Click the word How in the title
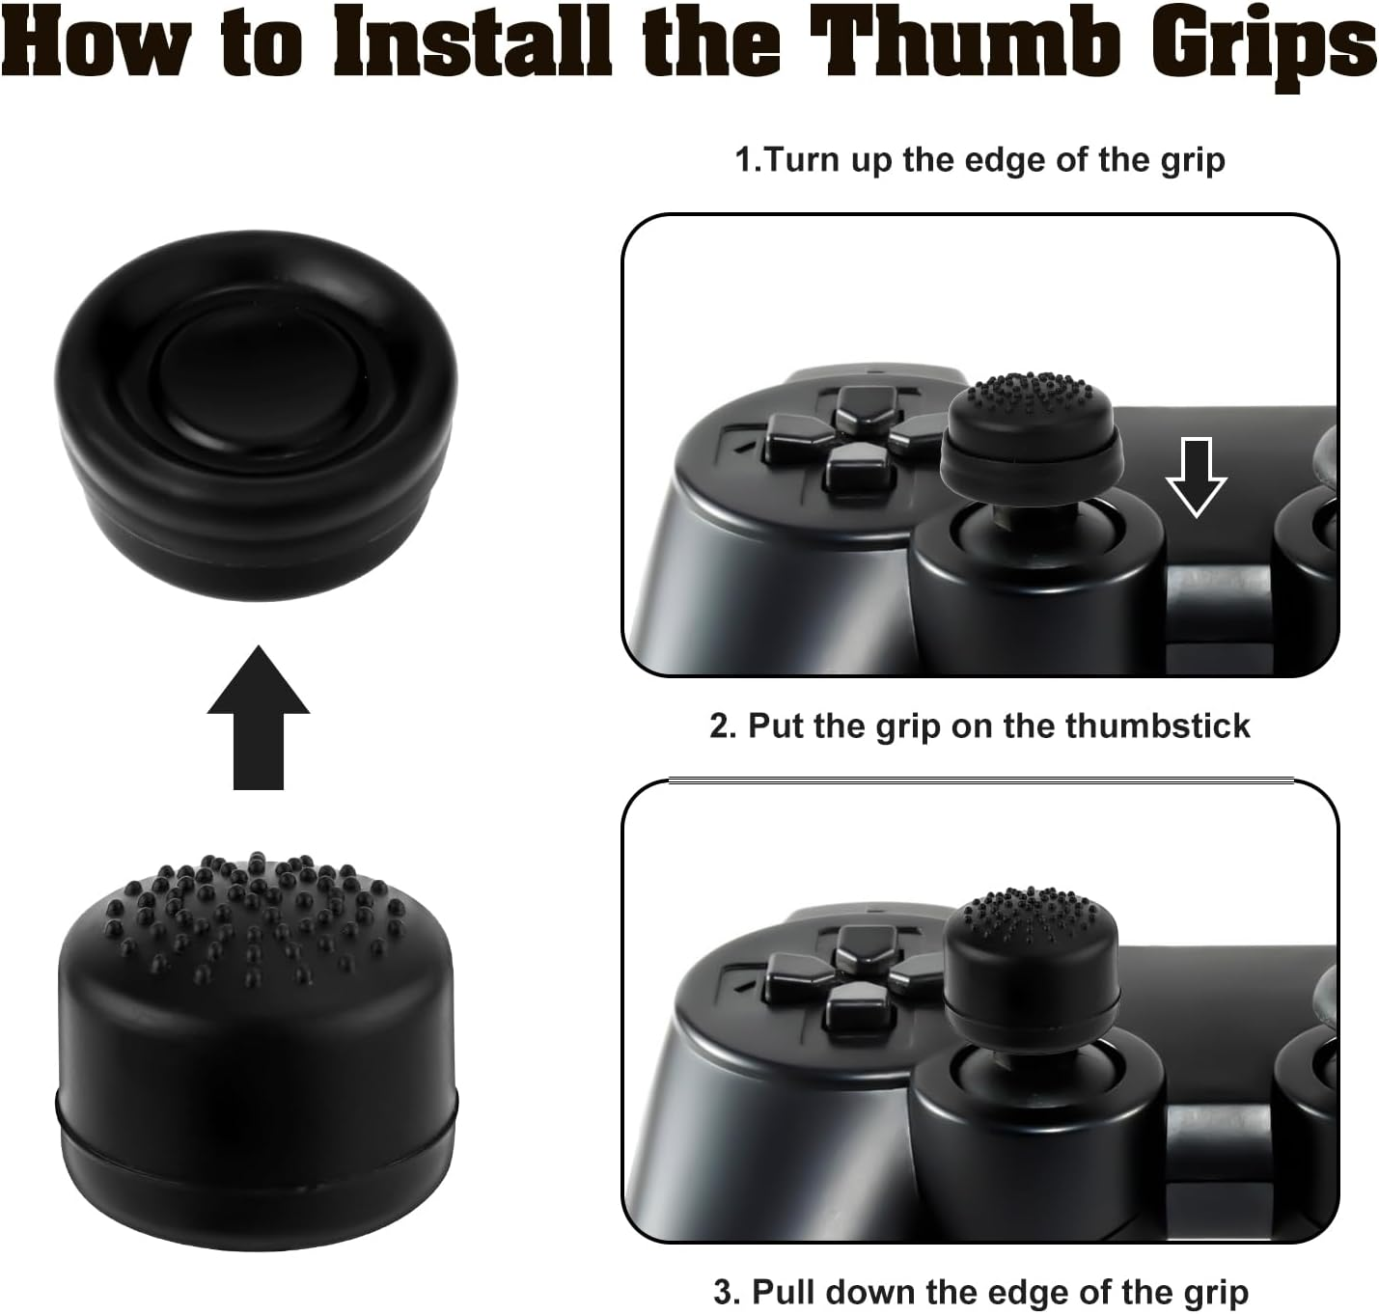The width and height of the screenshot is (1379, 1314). click(97, 43)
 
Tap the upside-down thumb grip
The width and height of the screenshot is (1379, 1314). click(255, 421)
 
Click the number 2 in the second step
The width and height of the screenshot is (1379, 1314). click(720, 725)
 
